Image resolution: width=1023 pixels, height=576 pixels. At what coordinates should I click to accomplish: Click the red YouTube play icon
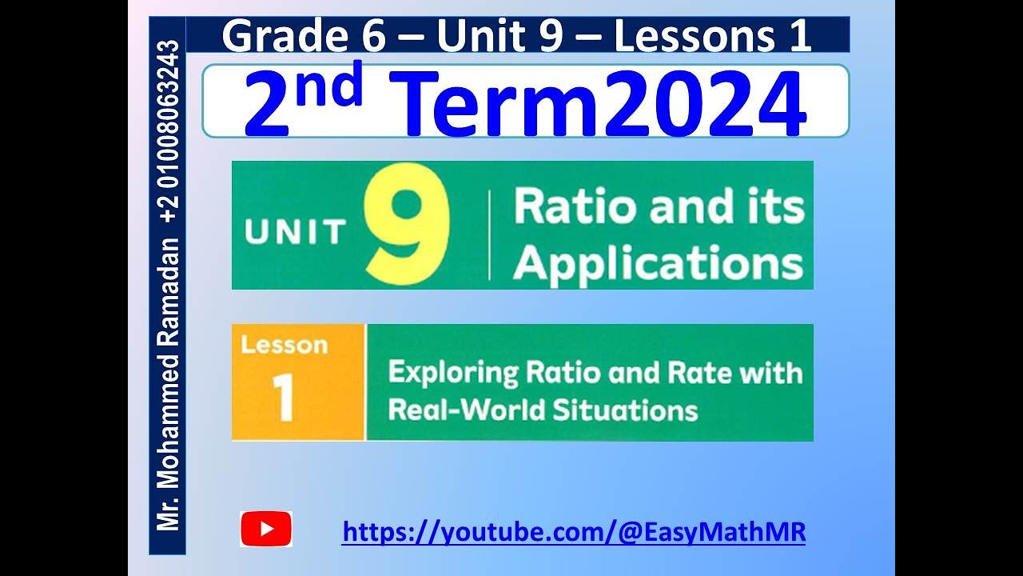click(x=266, y=529)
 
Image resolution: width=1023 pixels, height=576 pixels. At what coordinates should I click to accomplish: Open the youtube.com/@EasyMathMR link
click(x=573, y=531)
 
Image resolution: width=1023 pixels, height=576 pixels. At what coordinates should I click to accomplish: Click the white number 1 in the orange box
click(x=284, y=398)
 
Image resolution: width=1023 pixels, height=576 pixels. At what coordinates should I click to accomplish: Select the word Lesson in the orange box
click(x=284, y=346)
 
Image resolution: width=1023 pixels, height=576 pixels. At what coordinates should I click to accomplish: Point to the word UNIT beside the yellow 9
click(x=295, y=231)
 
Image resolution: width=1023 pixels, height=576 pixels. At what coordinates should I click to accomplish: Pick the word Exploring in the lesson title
click(x=453, y=374)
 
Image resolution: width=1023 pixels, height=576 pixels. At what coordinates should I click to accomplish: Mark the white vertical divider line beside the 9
click(x=489, y=235)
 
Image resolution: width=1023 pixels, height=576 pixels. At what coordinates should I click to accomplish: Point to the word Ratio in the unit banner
click(x=563, y=207)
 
